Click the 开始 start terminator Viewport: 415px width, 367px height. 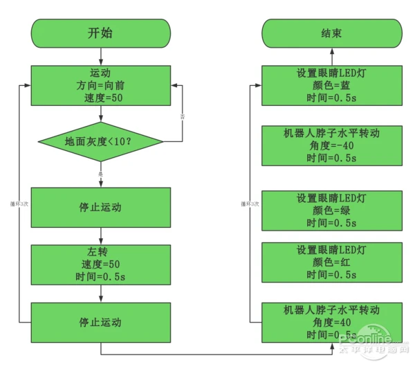tap(101, 33)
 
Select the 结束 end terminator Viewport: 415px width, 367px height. tap(331, 33)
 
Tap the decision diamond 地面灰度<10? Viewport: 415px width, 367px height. tap(101, 142)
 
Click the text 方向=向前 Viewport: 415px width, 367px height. tap(101, 85)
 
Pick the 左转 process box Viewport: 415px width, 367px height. tap(101, 264)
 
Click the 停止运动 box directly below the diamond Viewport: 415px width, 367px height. tap(101, 207)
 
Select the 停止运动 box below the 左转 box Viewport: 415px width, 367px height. tap(101, 323)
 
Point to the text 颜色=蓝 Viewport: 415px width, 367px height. tap(331, 85)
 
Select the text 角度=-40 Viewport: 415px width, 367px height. tap(331, 145)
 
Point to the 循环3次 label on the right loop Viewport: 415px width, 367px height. tap(250, 204)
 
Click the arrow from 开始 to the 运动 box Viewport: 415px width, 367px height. tap(101, 56)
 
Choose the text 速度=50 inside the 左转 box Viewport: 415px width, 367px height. tap(101, 264)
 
